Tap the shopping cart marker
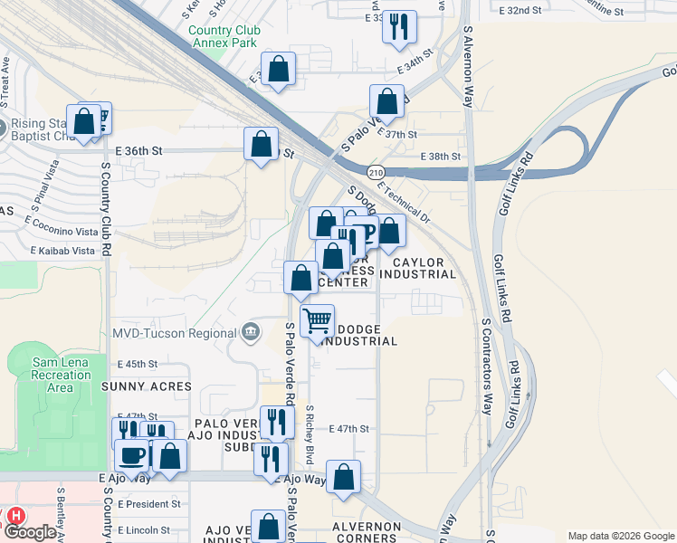coord(317,320)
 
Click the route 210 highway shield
coord(376,172)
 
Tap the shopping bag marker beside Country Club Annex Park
coord(279,68)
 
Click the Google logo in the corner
coord(29,533)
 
